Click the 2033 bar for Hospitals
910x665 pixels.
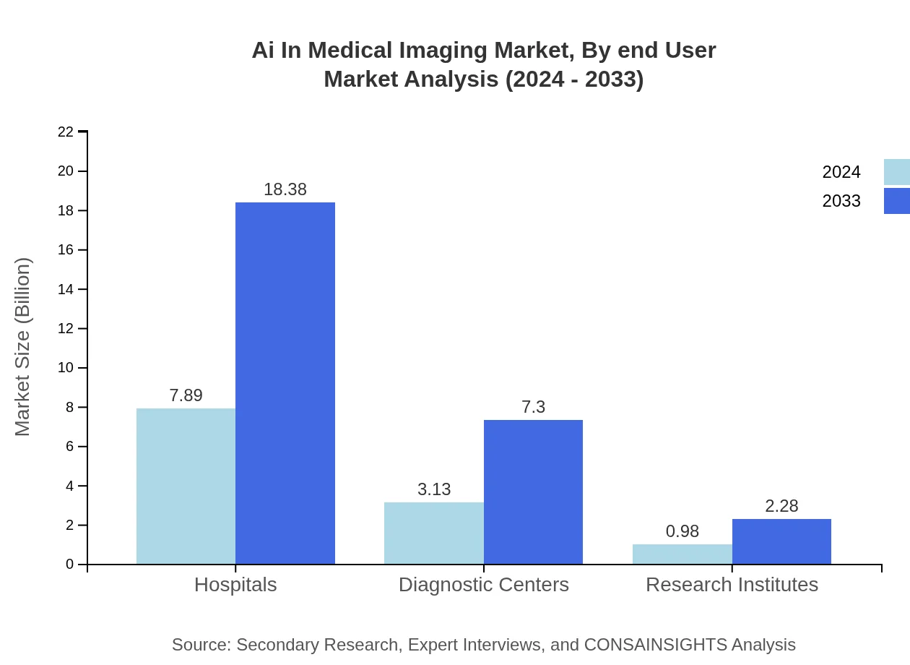coord(285,383)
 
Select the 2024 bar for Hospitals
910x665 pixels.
coord(186,486)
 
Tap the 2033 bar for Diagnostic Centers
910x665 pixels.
coord(533,492)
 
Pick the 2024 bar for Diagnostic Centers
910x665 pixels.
coord(434,533)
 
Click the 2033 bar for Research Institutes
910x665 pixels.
coord(781,541)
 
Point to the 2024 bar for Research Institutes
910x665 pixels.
coord(682,554)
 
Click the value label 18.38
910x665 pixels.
coord(285,189)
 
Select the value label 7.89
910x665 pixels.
coord(186,395)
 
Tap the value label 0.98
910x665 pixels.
coord(682,531)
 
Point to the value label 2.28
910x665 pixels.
coord(781,506)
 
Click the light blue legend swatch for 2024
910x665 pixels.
coord(896,172)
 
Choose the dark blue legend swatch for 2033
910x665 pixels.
coord(896,201)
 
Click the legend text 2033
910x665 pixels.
coord(841,201)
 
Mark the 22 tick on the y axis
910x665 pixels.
coord(66,132)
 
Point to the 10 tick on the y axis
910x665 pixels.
coord(66,368)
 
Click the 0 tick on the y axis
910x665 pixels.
coord(69,564)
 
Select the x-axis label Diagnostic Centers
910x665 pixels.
coord(484,584)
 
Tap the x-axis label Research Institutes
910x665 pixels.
coord(732,584)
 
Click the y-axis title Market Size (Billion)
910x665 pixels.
coord(23,347)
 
